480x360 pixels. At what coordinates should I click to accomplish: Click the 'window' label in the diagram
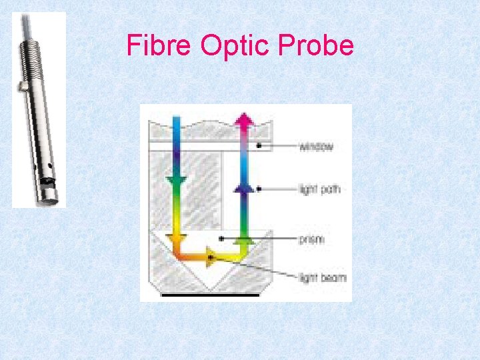pyautogui.click(x=315, y=147)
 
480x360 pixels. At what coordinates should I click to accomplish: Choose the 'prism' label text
pyautogui.click(x=311, y=238)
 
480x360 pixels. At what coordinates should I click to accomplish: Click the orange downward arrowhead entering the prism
pyautogui.click(x=177, y=237)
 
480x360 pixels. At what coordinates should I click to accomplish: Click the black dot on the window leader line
pyautogui.click(x=260, y=146)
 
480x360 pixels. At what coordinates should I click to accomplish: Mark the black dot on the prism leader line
pyautogui.click(x=221, y=238)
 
